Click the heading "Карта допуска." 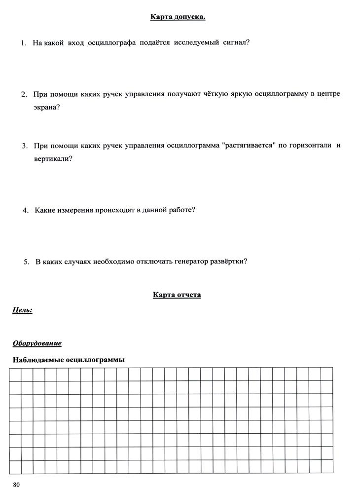point(178,18)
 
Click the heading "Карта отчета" point(177,295)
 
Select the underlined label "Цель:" point(22,310)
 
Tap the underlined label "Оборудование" point(37,343)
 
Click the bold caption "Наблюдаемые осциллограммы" point(69,360)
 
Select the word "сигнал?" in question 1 point(236,43)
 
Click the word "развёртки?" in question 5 point(227,262)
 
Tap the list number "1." point(24,43)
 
